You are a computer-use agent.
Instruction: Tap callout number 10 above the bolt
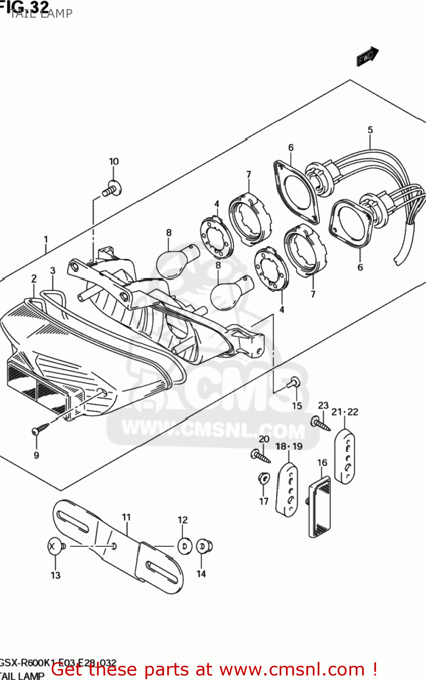[114, 161]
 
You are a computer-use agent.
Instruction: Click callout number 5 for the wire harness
[370, 130]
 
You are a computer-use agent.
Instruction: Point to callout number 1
[46, 239]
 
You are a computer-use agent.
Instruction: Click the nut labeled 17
[263, 478]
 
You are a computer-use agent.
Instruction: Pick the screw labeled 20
[260, 455]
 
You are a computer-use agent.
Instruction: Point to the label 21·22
[344, 412]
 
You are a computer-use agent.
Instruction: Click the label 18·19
[289, 446]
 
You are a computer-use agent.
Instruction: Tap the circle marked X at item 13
[54, 546]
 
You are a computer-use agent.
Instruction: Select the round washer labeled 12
[184, 546]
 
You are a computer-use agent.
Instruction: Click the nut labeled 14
[204, 546]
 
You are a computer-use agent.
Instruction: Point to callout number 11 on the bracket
[126, 517]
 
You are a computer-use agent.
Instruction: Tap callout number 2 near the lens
[34, 278]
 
